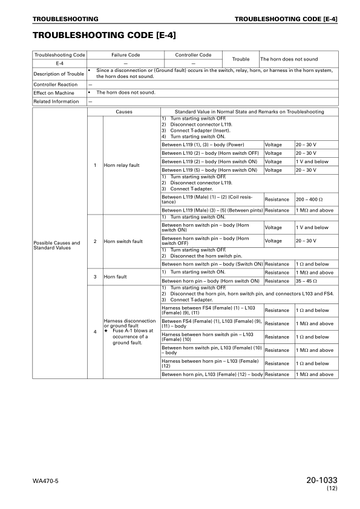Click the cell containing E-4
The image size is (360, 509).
[x=59, y=63]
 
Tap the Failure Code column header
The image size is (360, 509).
[x=125, y=55]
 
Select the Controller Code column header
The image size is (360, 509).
[x=193, y=55]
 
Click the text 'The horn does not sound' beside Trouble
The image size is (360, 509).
[x=289, y=59]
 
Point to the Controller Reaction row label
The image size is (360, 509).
[x=56, y=85]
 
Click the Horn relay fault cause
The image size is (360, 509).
[x=122, y=165]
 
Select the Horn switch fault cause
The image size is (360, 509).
[x=123, y=241]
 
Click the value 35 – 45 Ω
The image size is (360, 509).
[x=307, y=281]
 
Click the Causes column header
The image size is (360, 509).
[x=124, y=112]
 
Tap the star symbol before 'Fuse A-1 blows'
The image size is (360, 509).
[x=106, y=331]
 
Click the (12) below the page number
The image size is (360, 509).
[x=332, y=488]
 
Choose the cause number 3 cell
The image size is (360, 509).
[x=95, y=277]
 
